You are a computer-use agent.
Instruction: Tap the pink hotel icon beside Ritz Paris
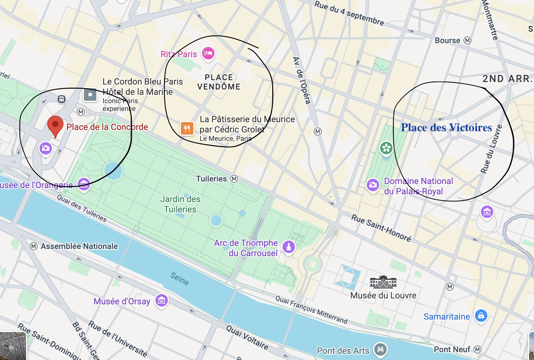tap(208, 53)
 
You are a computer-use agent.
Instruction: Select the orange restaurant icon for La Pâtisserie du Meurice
tap(187, 128)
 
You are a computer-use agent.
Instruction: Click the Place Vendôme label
tap(219, 82)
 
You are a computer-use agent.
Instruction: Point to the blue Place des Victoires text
tap(446, 127)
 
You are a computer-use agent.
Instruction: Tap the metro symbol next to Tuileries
tap(234, 179)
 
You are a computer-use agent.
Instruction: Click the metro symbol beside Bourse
tap(467, 40)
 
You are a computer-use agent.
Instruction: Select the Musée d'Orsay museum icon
tap(162, 301)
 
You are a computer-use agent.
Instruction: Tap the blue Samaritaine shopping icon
tap(481, 316)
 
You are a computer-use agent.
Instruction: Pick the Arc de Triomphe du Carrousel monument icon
tap(289, 247)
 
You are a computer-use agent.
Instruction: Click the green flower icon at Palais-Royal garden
tap(386, 148)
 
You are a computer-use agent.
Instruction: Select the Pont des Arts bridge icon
tap(380, 349)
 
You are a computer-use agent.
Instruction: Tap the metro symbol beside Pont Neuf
tap(477, 349)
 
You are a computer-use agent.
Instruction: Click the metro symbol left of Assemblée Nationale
tap(34, 247)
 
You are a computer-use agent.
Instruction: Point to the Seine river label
tap(180, 279)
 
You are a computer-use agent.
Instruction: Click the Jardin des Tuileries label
tap(180, 204)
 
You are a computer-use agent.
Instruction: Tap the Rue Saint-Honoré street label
tap(381, 228)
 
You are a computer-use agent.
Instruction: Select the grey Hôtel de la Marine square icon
tap(90, 95)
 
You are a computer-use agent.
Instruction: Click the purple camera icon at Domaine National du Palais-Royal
tap(373, 185)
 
